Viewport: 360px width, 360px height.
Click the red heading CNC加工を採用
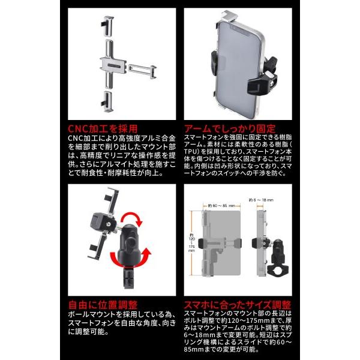[x=102, y=128]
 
